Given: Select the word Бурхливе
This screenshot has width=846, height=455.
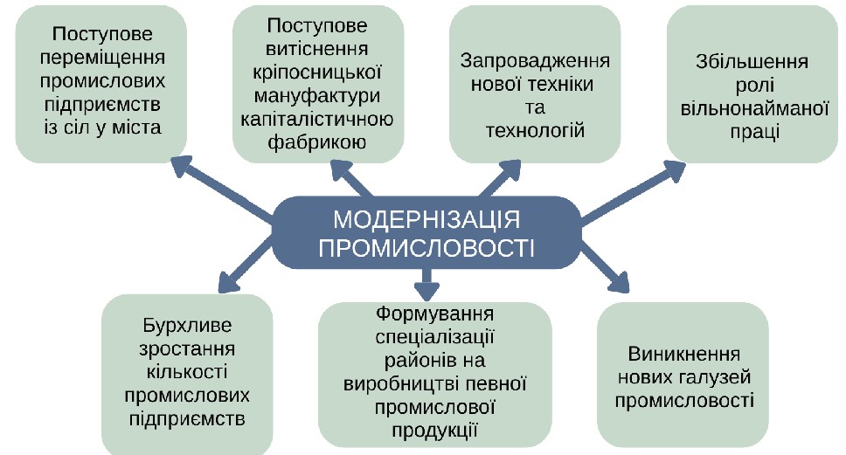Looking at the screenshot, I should [x=187, y=327].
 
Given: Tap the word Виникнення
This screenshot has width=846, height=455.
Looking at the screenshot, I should [x=684, y=355].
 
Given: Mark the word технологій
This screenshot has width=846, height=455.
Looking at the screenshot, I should [x=535, y=131].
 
